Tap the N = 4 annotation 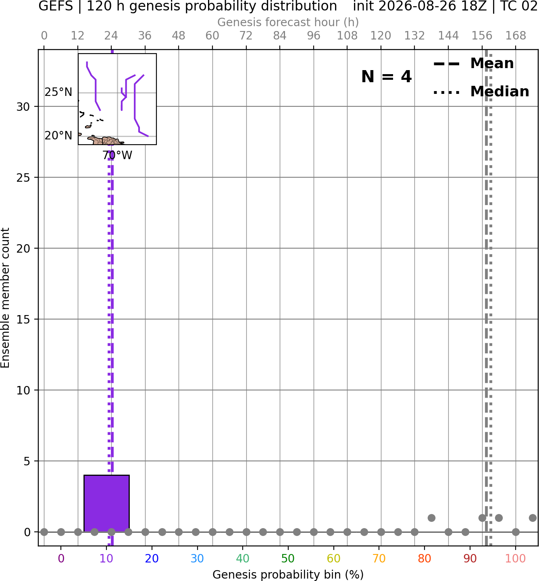(387, 77)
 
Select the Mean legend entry (473, 64)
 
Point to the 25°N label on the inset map (58, 92)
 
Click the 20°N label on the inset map (58, 135)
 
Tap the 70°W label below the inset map (117, 156)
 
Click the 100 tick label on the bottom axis (515, 558)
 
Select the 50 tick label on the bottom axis (288, 558)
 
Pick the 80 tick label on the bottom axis (424, 558)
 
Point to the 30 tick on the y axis (23, 107)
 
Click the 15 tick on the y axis (23, 320)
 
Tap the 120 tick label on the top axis (381, 36)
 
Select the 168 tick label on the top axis (516, 36)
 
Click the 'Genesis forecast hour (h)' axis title (288, 22)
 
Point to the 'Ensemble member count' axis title (5, 298)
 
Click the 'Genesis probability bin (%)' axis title (288, 575)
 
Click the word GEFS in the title (56, 6)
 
